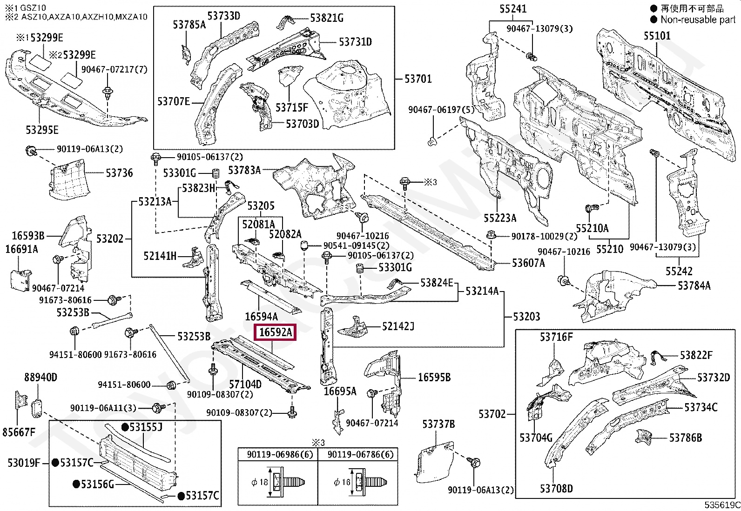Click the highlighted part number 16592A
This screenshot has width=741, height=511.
point(275,332)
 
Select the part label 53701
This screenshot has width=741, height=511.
point(418,79)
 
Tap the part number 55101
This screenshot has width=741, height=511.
point(657,36)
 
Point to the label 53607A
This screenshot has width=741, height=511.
point(528,263)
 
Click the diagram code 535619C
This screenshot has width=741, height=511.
point(722,505)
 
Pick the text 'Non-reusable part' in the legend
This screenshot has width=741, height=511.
point(698,20)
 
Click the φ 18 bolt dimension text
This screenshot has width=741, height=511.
point(260,482)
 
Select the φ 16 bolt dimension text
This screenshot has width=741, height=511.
point(342,482)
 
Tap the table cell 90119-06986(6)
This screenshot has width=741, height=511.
point(280,455)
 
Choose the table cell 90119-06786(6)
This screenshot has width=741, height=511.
point(361,455)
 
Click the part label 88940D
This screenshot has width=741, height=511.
point(40,377)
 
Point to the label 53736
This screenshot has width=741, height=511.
point(119,173)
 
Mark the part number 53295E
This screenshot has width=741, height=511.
point(42,130)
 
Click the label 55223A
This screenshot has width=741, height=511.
point(500,218)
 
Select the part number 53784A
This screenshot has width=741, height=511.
point(694,285)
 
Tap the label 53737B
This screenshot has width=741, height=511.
point(438,424)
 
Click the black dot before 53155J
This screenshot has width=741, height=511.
point(125,427)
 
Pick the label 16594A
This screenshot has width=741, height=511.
point(261,317)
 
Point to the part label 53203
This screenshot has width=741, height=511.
point(526,317)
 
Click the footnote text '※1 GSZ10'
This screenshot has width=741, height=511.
point(26,7)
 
